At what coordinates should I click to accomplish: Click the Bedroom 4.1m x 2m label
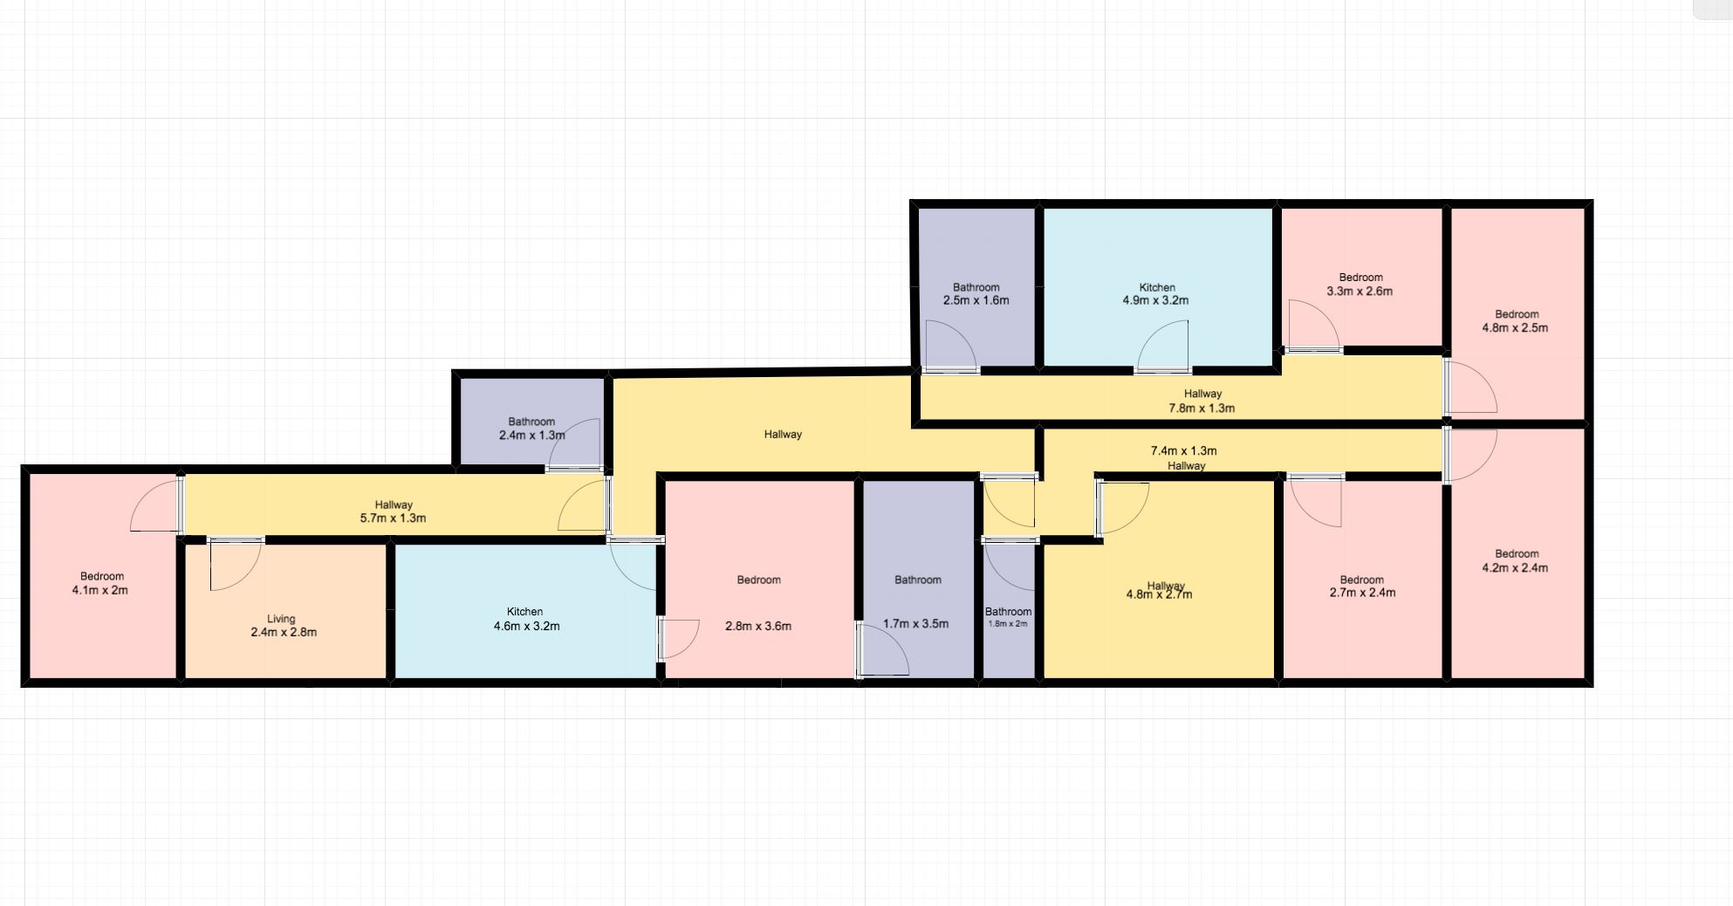point(102,583)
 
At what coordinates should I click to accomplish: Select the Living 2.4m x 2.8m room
point(285,611)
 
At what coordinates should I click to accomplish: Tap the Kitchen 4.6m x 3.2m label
point(525,619)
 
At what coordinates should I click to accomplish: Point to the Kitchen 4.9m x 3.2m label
point(1156,294)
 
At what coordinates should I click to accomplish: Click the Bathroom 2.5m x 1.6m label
point(976,294)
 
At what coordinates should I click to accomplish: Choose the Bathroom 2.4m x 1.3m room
point(530,423)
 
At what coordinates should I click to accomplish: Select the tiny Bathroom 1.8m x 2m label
point(1008,617)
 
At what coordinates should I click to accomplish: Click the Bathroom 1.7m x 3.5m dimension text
point(915,624)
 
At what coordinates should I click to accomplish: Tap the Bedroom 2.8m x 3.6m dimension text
point(758,626)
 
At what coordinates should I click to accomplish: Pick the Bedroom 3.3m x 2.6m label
point(1360,285)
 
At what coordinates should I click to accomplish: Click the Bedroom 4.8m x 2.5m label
point(1516,321)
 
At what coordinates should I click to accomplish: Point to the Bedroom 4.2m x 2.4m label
point(1516,560)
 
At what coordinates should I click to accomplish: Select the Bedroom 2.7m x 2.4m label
point(1361,587)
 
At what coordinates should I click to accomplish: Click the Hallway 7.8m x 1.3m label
point(1202,401)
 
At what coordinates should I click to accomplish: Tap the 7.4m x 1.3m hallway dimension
point(1183,451)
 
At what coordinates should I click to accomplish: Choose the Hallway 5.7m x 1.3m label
point(393,511)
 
